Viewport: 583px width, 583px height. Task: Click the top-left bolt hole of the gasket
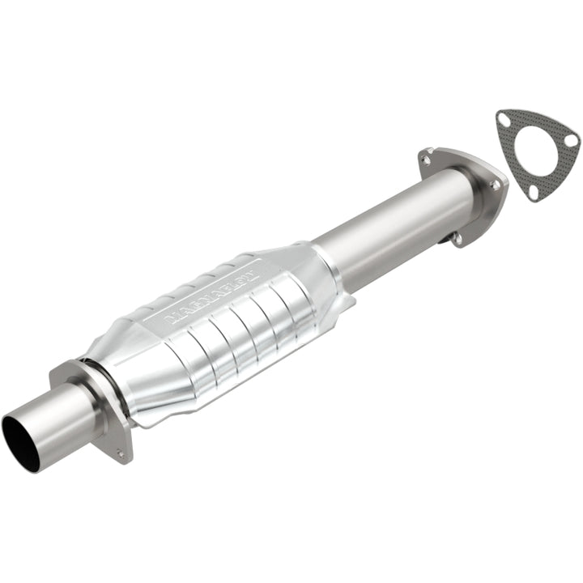click(504, 121)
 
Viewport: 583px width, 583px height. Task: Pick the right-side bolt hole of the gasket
click(570, 141)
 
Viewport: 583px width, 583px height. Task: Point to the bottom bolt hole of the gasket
click(532, 191)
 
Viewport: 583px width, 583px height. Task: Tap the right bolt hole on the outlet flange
click(495, 185)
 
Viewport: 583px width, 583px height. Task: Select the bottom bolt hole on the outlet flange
click(457, 238)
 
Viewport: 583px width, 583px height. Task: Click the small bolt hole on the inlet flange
click(121, 453)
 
